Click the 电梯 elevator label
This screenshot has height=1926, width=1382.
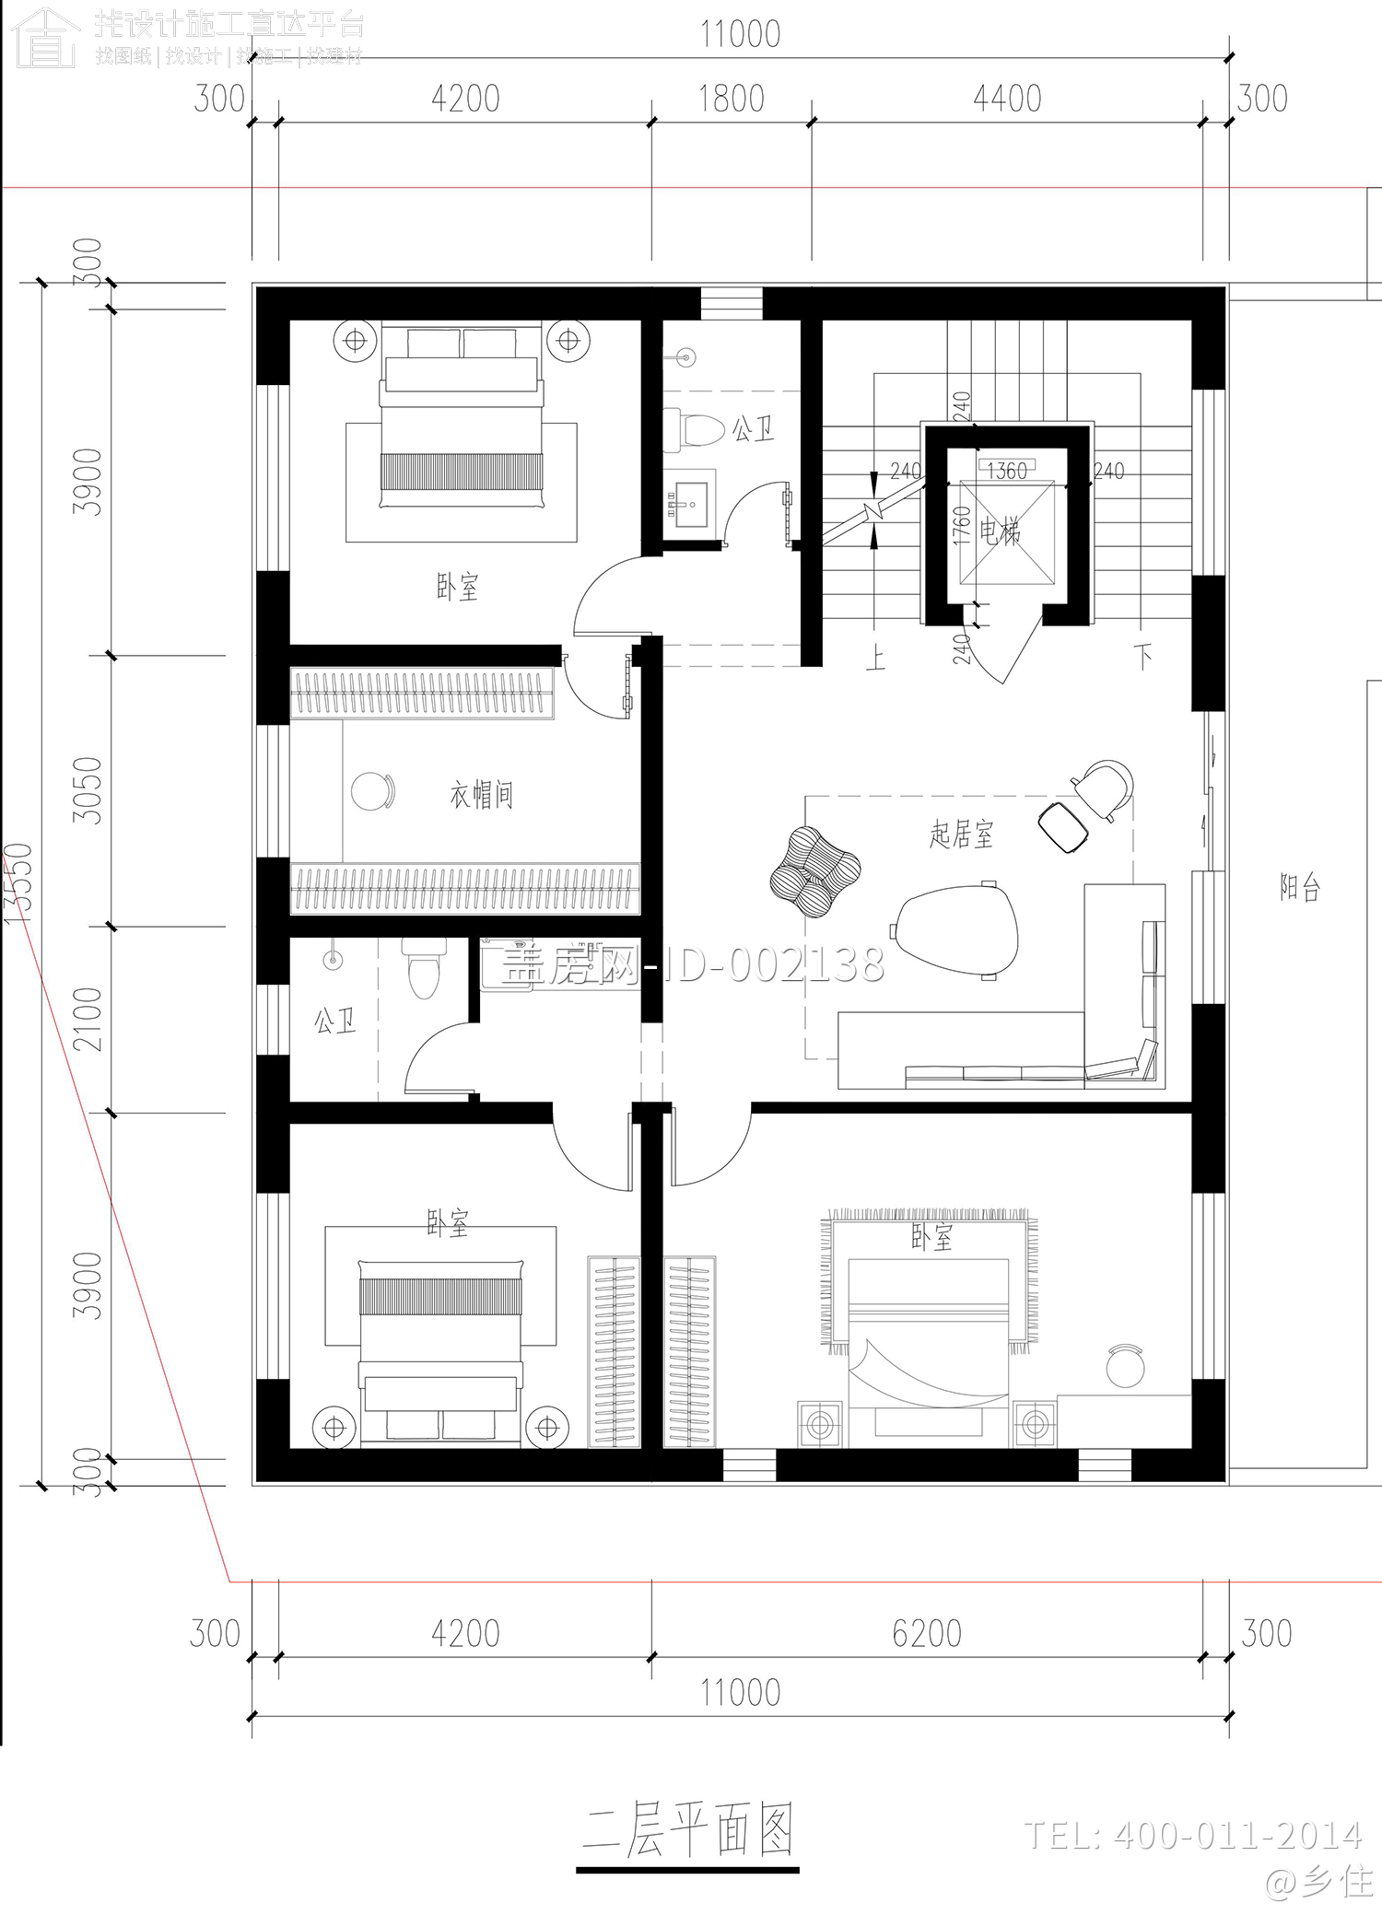(x=1000, y=531)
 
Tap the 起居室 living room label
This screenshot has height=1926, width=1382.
(x=961, y=835)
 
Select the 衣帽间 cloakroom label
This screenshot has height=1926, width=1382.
(x=481, y=794)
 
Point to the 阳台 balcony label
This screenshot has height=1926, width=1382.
(x=1300, y=887)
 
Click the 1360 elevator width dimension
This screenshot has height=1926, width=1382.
(x=1006, y=472)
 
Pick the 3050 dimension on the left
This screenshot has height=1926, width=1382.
(x=88, y=789)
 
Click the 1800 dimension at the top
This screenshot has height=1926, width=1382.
(x=731, y=99)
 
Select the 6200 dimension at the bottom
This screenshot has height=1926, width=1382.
(x=926, y=1633)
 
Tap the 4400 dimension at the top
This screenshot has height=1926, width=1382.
(x=1006, y=99)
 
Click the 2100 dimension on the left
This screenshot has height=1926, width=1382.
(x=88, y=1019)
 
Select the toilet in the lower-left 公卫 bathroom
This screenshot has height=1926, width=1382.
(x=424, y=970)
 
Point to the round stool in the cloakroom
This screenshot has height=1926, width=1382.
(x=372, y=791)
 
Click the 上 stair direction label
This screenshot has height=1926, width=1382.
(x=875, y=658)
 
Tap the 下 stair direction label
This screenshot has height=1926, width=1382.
(x=1144, y=657)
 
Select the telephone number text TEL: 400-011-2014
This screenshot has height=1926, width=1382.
(x=1192, y=1835)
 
